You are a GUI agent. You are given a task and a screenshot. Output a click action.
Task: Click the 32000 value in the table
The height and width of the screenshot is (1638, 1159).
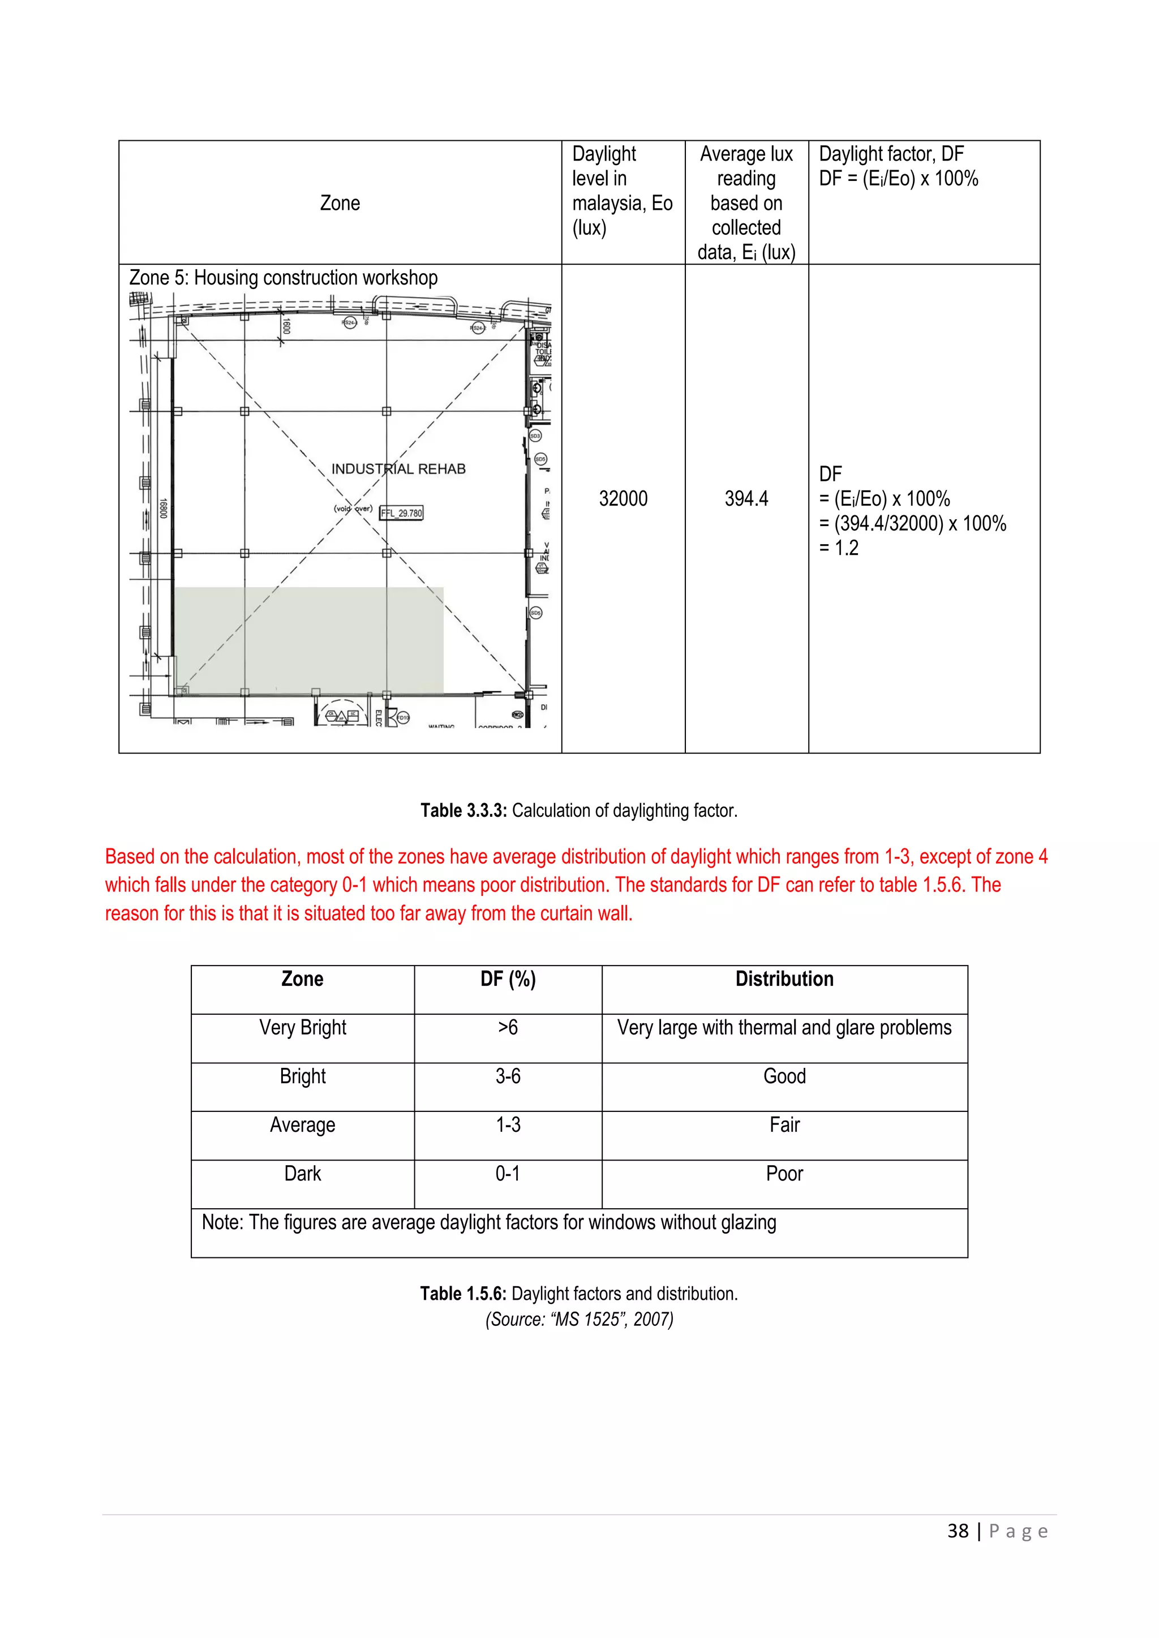(x=623, y=499)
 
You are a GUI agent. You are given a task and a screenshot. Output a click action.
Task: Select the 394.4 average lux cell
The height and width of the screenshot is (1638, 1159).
(x=746, y=499)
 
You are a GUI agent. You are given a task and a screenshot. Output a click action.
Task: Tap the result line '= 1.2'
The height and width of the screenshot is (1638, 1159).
(x=839, y=548)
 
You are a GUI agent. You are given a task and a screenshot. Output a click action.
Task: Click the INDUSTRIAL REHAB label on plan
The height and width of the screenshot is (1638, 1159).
(x=398, y=469)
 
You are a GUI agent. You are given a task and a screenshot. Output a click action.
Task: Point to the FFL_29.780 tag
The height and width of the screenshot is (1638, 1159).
(x=401, y=513)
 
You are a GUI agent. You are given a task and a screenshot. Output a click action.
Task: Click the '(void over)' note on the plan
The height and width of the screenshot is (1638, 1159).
(x=353, y=508)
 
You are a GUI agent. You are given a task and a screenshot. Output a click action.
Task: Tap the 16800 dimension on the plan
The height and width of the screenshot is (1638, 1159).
(x=163, y=508)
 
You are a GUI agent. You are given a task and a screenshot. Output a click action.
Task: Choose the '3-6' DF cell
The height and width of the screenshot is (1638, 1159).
(x=508, y=1076)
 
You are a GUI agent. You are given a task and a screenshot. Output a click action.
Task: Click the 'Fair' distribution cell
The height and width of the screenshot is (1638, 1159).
(x=784, y=1125)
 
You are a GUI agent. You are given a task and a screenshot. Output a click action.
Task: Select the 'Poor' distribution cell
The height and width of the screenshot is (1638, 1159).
(x=784, y=1174)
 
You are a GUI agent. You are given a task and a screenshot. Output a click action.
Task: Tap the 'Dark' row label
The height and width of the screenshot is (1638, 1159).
(x=303, y=1174)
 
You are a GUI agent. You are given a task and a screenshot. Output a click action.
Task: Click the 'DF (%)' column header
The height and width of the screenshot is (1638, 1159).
(x=508, y=979)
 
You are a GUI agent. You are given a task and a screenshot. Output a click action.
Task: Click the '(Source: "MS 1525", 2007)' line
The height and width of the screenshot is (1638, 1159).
(x=579, y=1319)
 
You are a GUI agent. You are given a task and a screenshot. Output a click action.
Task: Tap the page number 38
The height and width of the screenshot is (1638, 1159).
(x=958, y=1531)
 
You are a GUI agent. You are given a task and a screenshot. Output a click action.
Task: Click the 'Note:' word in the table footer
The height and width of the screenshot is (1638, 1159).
(x=222, y=1222)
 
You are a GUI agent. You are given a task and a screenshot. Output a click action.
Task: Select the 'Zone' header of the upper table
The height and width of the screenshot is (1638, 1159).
(x=340, y=203)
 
